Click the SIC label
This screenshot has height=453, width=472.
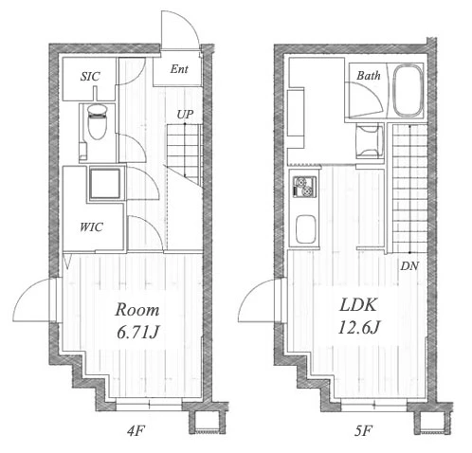click(90, 76)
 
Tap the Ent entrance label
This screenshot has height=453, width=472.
click(179, 69)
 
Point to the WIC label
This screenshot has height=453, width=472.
click(91, 226)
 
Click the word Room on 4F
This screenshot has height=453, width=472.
click(137, 310)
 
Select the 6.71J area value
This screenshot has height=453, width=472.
click(137, 332)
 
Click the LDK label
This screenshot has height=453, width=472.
click(358, 305)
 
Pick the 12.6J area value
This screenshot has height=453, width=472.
click(358, 327)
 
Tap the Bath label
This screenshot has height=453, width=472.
click(369, 76)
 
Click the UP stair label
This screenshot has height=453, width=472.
click(185, 115)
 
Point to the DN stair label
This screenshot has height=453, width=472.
click(409, 266)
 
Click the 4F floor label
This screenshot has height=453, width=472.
click(136, 430)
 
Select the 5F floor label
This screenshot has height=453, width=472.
click(363, 430)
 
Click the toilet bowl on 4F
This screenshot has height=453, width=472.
click(97, 122)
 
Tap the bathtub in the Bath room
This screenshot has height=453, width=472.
click(408, 90)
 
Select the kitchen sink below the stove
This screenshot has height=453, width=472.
click(305, 229)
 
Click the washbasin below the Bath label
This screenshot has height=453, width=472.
click(369, 141)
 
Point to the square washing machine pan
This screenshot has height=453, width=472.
click(105, 184)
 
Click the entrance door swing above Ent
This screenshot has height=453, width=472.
click(180, 30)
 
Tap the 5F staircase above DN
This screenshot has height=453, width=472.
click(409, 189)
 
